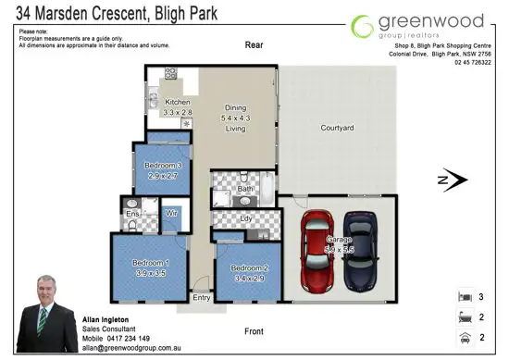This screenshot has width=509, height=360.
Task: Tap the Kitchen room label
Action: click(177, 102)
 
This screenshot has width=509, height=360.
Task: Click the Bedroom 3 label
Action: click(161, 168)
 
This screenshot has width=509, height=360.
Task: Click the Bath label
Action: click(245, 189)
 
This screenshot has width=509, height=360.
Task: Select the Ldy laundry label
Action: click(246, 219)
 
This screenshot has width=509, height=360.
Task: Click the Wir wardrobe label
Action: click(170, 212)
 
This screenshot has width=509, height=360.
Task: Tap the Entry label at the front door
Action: click(202, 298)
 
